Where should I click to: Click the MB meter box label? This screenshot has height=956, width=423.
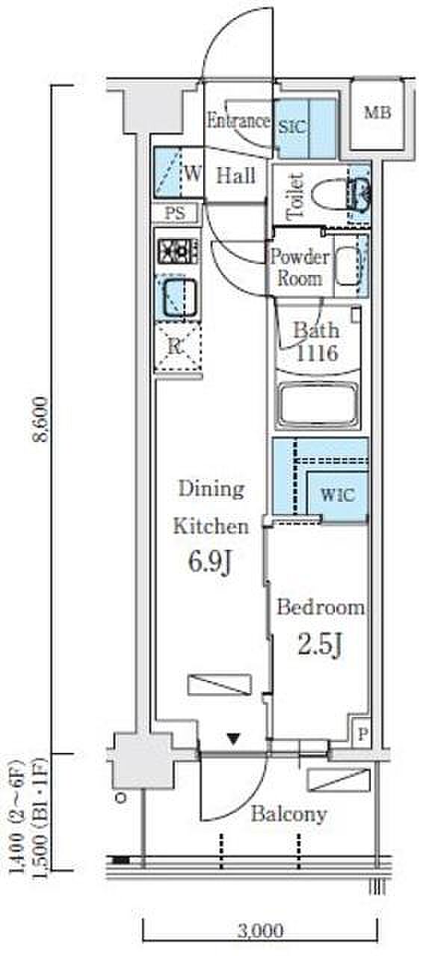pos(377,113)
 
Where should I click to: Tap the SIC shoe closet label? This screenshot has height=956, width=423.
pos(293,127)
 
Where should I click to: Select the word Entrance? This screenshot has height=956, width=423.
pos(238,121)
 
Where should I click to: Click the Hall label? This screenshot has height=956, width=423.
pos(236,176)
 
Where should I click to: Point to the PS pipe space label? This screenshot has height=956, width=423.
pos(176,213)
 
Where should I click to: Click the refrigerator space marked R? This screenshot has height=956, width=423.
pos(177,347)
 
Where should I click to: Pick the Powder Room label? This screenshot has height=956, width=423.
pos(300,267)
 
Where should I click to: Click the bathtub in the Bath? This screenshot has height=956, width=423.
pos(318,406)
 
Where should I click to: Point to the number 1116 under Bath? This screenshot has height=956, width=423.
pos(317,353)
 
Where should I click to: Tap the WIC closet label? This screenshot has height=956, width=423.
pos(338,495)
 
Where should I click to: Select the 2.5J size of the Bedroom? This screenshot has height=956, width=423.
pos(320,644)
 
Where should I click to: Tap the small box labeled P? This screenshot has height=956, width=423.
pos(362,734)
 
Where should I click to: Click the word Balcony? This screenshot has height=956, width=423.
pos(288,814)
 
